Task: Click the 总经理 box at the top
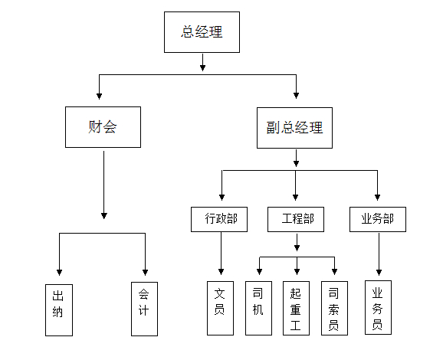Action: [202, 32]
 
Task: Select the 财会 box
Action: [103, 127]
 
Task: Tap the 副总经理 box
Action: [294, 128]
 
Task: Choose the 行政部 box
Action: [219, 219]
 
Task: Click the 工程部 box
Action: [296, 219]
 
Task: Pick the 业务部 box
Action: [378, 219]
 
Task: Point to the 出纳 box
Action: [59, 310]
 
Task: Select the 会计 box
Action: [144, 309]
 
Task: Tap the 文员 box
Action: [220, 308]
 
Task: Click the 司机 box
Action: [258, 308]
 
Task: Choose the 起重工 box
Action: [296, 308]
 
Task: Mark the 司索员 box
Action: [334, 308]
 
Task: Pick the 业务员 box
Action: [378, 307]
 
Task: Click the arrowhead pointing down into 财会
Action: [99, 96]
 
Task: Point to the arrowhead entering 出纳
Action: [59, 272]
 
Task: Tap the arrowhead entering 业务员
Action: [379, 272]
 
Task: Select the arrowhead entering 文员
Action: [221, 272]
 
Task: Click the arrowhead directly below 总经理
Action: [202, 67]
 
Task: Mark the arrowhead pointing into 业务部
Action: [377, 197]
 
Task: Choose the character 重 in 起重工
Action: [296, 309]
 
